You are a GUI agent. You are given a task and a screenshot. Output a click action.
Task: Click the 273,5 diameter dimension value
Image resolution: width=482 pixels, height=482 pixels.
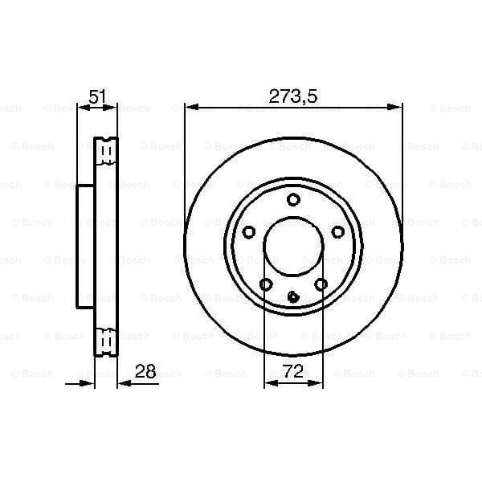[293, 96]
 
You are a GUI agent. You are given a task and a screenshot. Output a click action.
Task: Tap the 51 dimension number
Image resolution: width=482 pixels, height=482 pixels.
[97, 96]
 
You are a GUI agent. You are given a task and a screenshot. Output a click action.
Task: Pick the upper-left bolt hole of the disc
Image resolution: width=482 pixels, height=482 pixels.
[249, 232]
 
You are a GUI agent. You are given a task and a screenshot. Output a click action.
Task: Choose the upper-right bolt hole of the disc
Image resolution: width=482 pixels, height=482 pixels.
[338, 232]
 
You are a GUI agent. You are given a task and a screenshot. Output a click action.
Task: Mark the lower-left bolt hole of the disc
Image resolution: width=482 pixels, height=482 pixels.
[266, 284]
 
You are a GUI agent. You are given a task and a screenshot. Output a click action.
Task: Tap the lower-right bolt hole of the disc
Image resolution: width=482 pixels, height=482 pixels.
[321, 284]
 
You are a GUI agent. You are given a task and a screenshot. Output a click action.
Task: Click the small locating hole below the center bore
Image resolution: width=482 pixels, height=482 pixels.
[294, 297]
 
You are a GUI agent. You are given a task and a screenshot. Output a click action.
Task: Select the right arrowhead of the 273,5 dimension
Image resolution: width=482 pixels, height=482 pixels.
[397, 107]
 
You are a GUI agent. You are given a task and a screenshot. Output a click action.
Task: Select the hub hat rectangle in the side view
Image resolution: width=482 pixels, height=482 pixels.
[86, 246]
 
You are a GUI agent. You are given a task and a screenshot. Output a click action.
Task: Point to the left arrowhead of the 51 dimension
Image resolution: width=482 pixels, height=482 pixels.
[82, 107]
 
